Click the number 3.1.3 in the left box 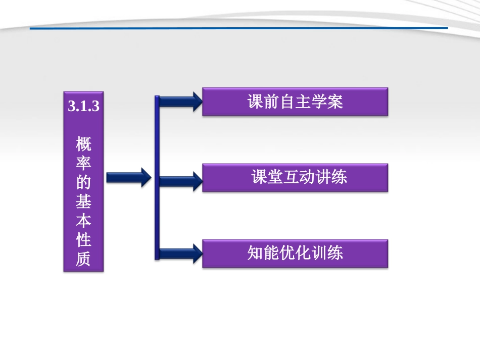tap(83, 107)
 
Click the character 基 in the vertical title tap(83, 202)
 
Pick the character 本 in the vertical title tap(83, 221)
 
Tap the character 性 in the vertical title tap(83, 239)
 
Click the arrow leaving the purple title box tap(128, 178)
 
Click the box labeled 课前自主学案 tap(295, 102)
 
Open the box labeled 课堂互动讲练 tap(295, 178)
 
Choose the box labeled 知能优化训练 tap(295, 253)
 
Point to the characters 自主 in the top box tap(295, 102)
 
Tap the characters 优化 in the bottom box tap(295, 253)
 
